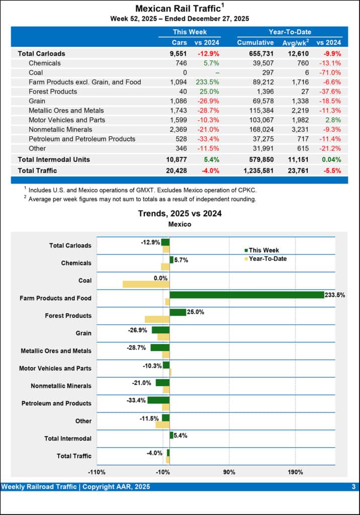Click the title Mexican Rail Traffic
pyautogui.click(x=178, y=9)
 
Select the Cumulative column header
pyautogui.click(x=255, y=43)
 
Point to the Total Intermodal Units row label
pyautogui.click(x=54, y=159)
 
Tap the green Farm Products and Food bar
pyautogui.click(x=246, y=295)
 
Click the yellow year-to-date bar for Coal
pyautogui.click(x=146, y=284)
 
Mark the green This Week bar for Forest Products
pyautogui.click(x=177, y=312)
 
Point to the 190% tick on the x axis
pyautogui.click(x=296, y=472)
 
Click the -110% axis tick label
pyautogui.click(x=97, y=472)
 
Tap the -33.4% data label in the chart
pyautogui.click(x=136, y=400)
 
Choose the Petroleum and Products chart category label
pyautogui.click(x=56, y=403)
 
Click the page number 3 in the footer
pyautogui.click(x=353, y=487)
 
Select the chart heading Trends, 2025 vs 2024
pyautogui.click(x=179, y=213)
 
